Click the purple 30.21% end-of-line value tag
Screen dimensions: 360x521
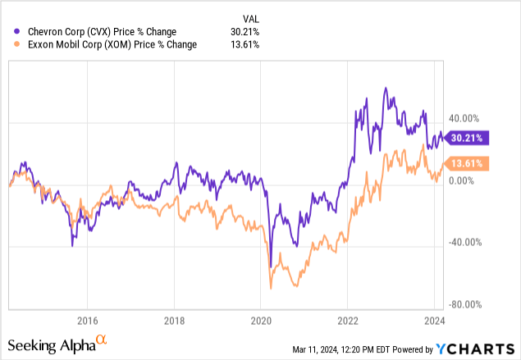464,138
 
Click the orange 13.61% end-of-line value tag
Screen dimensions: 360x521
464,163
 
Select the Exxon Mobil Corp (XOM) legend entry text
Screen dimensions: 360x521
107,44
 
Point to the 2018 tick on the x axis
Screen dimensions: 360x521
173,321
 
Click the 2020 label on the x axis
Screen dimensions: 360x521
260,321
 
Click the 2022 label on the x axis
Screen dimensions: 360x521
347,321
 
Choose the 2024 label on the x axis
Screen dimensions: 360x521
433,321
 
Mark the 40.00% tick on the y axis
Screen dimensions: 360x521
465,118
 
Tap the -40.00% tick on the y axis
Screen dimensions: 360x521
464,242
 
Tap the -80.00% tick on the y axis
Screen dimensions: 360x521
464,303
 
